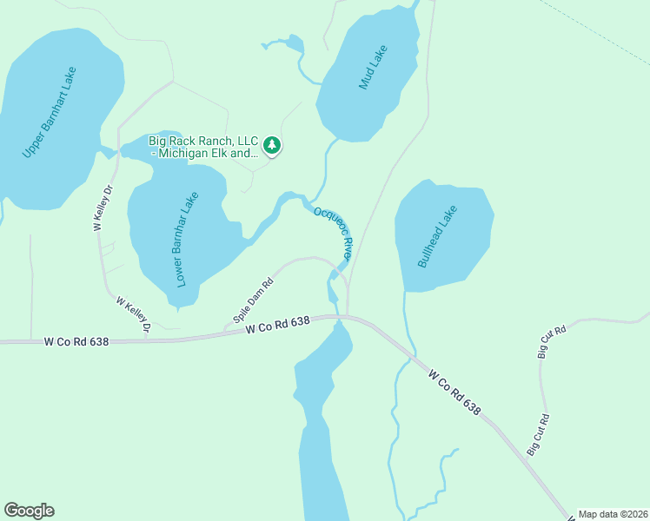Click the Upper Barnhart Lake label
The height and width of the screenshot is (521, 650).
50,112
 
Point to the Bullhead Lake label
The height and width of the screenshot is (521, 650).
436,235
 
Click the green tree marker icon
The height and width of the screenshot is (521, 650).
273,145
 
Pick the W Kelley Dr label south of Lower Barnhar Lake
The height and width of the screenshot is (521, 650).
134,313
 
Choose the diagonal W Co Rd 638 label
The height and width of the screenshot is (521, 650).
454,392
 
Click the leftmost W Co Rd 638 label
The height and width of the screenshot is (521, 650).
76,342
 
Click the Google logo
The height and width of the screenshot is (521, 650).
29,511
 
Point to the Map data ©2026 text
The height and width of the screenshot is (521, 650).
613,514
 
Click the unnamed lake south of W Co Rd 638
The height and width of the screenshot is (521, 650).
322,417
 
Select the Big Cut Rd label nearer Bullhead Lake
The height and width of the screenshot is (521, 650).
551,342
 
